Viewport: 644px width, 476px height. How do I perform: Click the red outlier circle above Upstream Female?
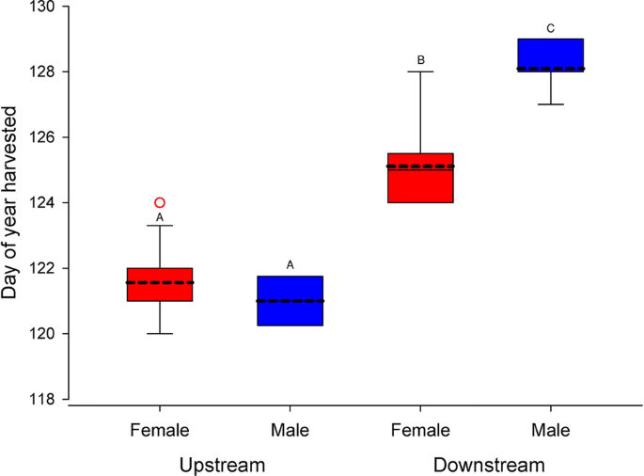pyautogui.click(x=160, y=202)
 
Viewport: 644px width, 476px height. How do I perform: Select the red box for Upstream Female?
pyautogui.click(x=160, y=284)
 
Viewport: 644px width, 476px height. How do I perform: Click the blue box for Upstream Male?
pyautogui.click(x=291, y=301)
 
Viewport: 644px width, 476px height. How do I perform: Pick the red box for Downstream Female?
pyautogui.click(x=421, y=178)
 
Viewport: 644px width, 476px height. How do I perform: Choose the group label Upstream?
pyautogui.click(x=223, y=465)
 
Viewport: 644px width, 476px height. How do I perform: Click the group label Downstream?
pyautogui.click(x=488, y=465)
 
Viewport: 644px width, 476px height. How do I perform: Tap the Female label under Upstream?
pyautogui.click(x=160, y=431)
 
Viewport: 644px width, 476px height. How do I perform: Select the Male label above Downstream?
pyautogui.click(x=551, y=431)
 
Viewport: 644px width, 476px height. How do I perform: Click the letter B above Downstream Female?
pyautogui.click(x=421, y=61)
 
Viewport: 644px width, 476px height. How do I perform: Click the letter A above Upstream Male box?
pyautogui.click(x=291, y=265)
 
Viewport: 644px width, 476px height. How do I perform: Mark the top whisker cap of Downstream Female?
pyautogui.click(x=421, y=71)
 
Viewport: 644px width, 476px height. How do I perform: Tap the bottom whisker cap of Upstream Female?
pyautogui.click(x=160, y=334)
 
